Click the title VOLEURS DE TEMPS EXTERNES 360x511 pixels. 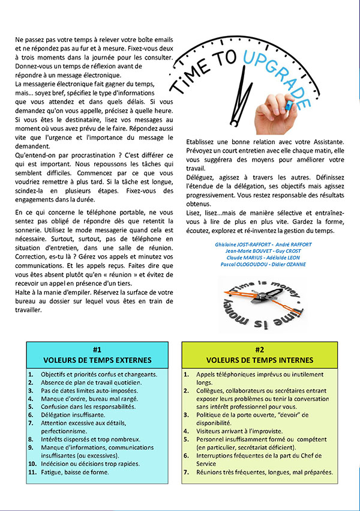(x=97, y=360)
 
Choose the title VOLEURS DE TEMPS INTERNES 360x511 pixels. (x=259, y=360)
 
